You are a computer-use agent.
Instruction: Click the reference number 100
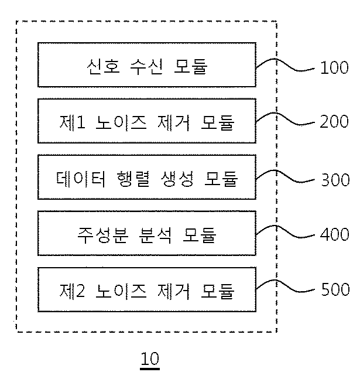pyautogui.click(x=334, y=67)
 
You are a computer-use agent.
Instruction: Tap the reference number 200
pyautogui.click(x=334, y=121)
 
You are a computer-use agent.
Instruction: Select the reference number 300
pyautogui.click(x=335, y=180)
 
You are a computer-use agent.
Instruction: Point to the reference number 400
pyautogui.click(x=335, y=234)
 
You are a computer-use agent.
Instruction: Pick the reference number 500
pyautogui.click(x=335, y=289)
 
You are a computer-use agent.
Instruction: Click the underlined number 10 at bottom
pyautogui.click(x=150, y=358)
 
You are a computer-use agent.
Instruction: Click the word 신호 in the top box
pyautogui.click(x=104, y=66)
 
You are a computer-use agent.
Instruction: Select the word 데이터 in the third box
pyautogui.click(x=81, y=179)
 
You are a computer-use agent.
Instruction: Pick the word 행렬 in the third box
pyautogui.click(x=133, y=179)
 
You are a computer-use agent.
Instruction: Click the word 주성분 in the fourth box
pyautogui.click(x=103, y=235)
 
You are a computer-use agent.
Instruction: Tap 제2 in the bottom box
pyautogui.click(x=72, y=291)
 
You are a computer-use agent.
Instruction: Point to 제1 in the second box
pyautogui.click(x=72, y=122)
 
